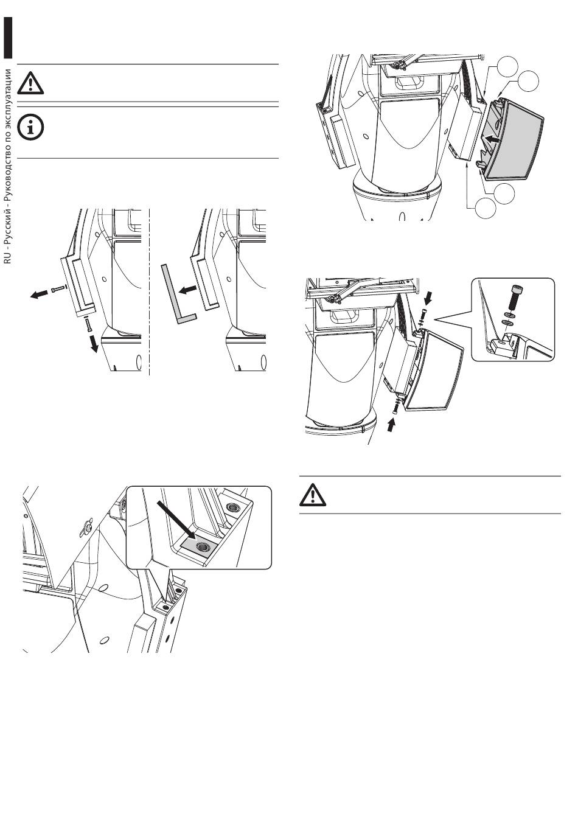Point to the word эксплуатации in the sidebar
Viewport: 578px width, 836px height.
point(8,97)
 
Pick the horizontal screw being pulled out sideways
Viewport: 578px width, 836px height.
point(58,290)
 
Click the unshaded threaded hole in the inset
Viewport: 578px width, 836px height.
point(231,507)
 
